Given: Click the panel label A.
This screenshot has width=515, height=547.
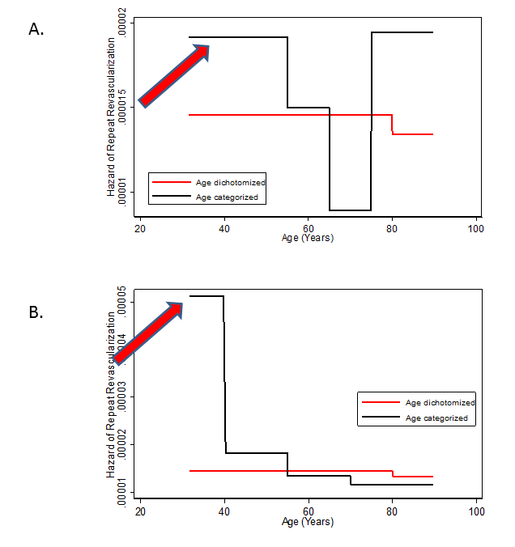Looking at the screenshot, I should (x=36, y=30).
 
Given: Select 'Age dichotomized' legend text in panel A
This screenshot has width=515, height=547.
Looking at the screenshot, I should (x=231, y=183).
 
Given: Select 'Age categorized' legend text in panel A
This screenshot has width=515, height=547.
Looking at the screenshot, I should (x=228, y=197).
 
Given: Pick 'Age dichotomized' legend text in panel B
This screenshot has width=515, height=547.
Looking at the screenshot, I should (x=441, y=402).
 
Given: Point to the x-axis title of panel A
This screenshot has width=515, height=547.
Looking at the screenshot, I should (x=308, y=238).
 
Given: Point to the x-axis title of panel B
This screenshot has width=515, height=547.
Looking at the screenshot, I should (x=308, y=522).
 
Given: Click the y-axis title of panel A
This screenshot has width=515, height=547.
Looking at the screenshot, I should (x=112, y=117).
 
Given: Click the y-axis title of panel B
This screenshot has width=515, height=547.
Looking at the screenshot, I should (x=112, y=396).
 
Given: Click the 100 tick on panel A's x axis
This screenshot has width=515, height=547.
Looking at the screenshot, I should (x=476, y=229).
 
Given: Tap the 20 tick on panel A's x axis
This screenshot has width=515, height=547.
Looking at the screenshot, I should (x=140, y=229).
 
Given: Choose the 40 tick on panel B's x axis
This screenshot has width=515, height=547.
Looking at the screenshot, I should (x=224, y=511).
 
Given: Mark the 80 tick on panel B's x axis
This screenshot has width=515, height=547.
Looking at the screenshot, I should (x=392, y=511).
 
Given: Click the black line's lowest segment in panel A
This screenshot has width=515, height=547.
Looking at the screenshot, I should (x=350, y=210).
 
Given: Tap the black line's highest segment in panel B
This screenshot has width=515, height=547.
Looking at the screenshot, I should (x=206, y=296).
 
